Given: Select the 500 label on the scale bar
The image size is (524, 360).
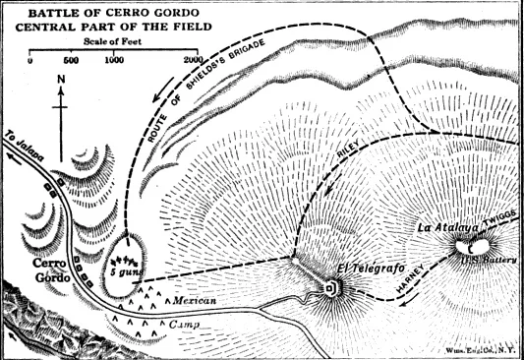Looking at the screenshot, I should [x=71, y=62].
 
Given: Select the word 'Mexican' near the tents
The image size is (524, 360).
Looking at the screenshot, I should [x=194, y=298].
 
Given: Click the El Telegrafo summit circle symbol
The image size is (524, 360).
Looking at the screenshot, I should [x=330, y=289].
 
